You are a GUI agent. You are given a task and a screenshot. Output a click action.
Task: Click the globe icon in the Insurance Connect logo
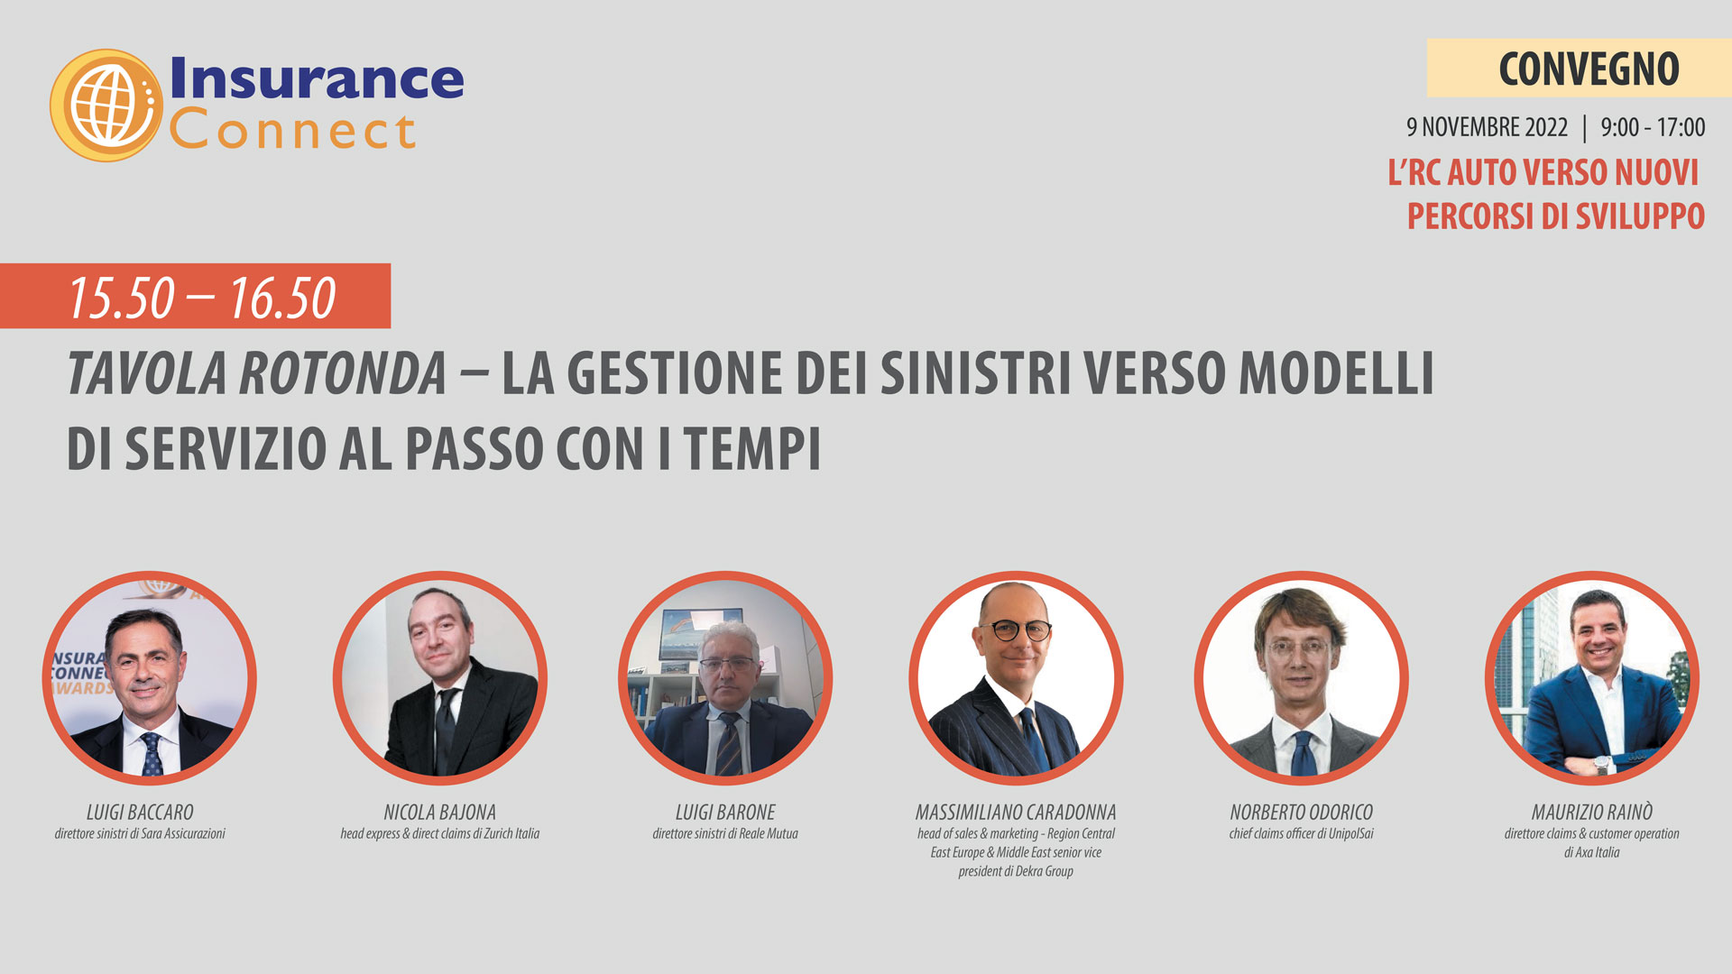click(x=106, y=106)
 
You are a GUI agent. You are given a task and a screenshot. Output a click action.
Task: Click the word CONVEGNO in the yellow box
click(x=1589, y=69)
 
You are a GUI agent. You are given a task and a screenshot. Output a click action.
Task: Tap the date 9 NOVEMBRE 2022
click(x=1487, y=127)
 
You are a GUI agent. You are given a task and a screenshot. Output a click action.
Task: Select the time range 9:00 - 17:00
click(x=1653, y=127)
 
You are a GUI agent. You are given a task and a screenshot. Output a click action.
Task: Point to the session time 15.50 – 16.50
click(x=202, y=298)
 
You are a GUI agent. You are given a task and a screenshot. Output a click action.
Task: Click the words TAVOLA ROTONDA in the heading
click(x=257, y=373)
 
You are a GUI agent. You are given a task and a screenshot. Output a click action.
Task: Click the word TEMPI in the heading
click(x=752, y=448)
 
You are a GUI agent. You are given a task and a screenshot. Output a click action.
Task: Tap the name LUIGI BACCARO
click(x=140, y=813)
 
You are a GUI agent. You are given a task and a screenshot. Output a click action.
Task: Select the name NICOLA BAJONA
click(x=440, y=813)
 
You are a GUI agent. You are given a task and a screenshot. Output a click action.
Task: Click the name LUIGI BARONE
click(x=725, y=813)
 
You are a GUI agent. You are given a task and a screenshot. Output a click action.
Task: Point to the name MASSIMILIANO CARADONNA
click(x=1016, y=813)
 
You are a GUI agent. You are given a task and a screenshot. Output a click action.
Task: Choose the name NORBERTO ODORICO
click(x=1302, y=813)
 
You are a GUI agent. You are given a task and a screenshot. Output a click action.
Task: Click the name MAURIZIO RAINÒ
click(x=1592, y=812)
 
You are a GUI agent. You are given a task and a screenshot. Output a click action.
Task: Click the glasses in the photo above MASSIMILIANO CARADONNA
click(x=1016, y=629)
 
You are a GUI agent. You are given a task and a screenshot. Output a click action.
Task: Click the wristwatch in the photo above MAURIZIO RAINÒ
click(x=1601, y=766)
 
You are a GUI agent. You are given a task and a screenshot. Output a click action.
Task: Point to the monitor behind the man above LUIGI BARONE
click(x=689, y=634)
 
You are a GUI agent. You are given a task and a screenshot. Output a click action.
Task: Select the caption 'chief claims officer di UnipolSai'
click(x=1302, y=833)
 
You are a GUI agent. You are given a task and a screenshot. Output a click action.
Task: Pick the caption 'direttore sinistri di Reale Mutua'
click(x=725, y=833)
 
